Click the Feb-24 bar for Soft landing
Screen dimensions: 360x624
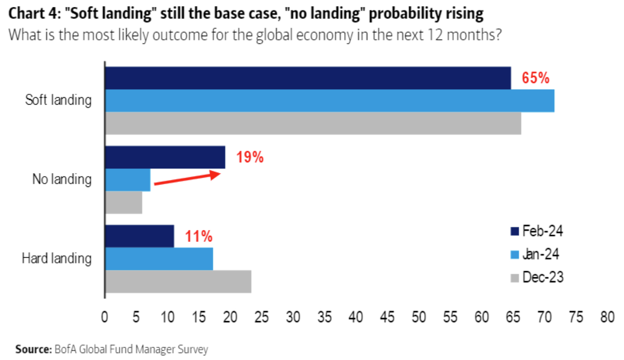308,78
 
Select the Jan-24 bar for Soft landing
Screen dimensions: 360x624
329,101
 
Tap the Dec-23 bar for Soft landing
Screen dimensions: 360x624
313,123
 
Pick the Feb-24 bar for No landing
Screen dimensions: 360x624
165,157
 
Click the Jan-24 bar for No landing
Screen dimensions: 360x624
128,180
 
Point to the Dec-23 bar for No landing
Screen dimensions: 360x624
124,202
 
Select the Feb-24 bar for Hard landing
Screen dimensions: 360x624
140,236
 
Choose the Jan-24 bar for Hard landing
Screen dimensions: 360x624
159,259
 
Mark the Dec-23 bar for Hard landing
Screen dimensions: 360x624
178,281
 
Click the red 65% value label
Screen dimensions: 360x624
536,78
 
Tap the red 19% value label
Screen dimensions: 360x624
250,157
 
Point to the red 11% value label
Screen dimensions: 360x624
199,237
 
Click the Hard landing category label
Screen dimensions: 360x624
56,258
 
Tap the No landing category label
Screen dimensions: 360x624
62,179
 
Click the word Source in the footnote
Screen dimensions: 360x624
34,348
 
